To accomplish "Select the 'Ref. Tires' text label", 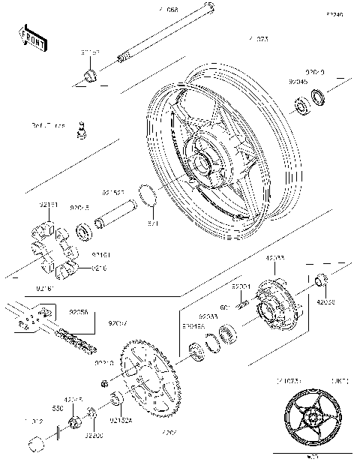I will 48,124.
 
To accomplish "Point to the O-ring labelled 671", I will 149,196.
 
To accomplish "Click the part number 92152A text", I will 121,421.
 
